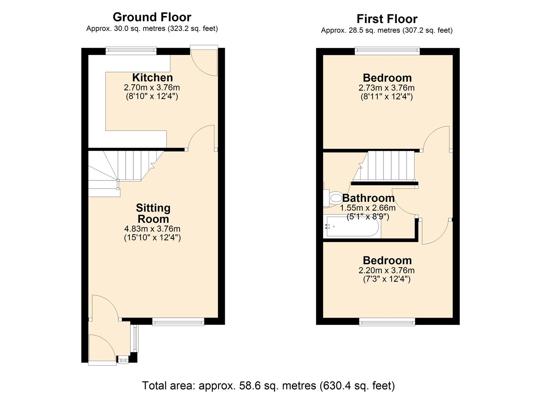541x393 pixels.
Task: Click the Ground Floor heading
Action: point(152,17)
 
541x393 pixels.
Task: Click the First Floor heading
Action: point(387,19)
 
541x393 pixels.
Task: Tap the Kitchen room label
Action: point(152,78)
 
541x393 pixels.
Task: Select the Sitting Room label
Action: point(153,213)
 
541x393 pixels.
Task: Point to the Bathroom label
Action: point(368,198)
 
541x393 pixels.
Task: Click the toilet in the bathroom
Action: point(334,198)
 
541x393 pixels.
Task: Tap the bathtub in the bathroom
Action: point(352,227)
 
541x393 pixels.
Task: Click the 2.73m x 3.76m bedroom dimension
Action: point(387,88)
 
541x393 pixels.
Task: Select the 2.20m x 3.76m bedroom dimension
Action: point(387,270)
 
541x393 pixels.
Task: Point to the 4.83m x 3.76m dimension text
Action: point(152,229)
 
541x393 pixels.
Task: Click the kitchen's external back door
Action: point(204,62)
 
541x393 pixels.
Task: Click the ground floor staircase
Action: point(124,167)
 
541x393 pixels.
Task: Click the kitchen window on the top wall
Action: point(131,51)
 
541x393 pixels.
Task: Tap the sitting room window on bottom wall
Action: point(178,321)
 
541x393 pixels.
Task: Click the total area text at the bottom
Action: point(268,385)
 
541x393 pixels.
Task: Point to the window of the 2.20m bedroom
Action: point(387,321)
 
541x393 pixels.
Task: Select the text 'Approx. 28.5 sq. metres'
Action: point(360,31)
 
